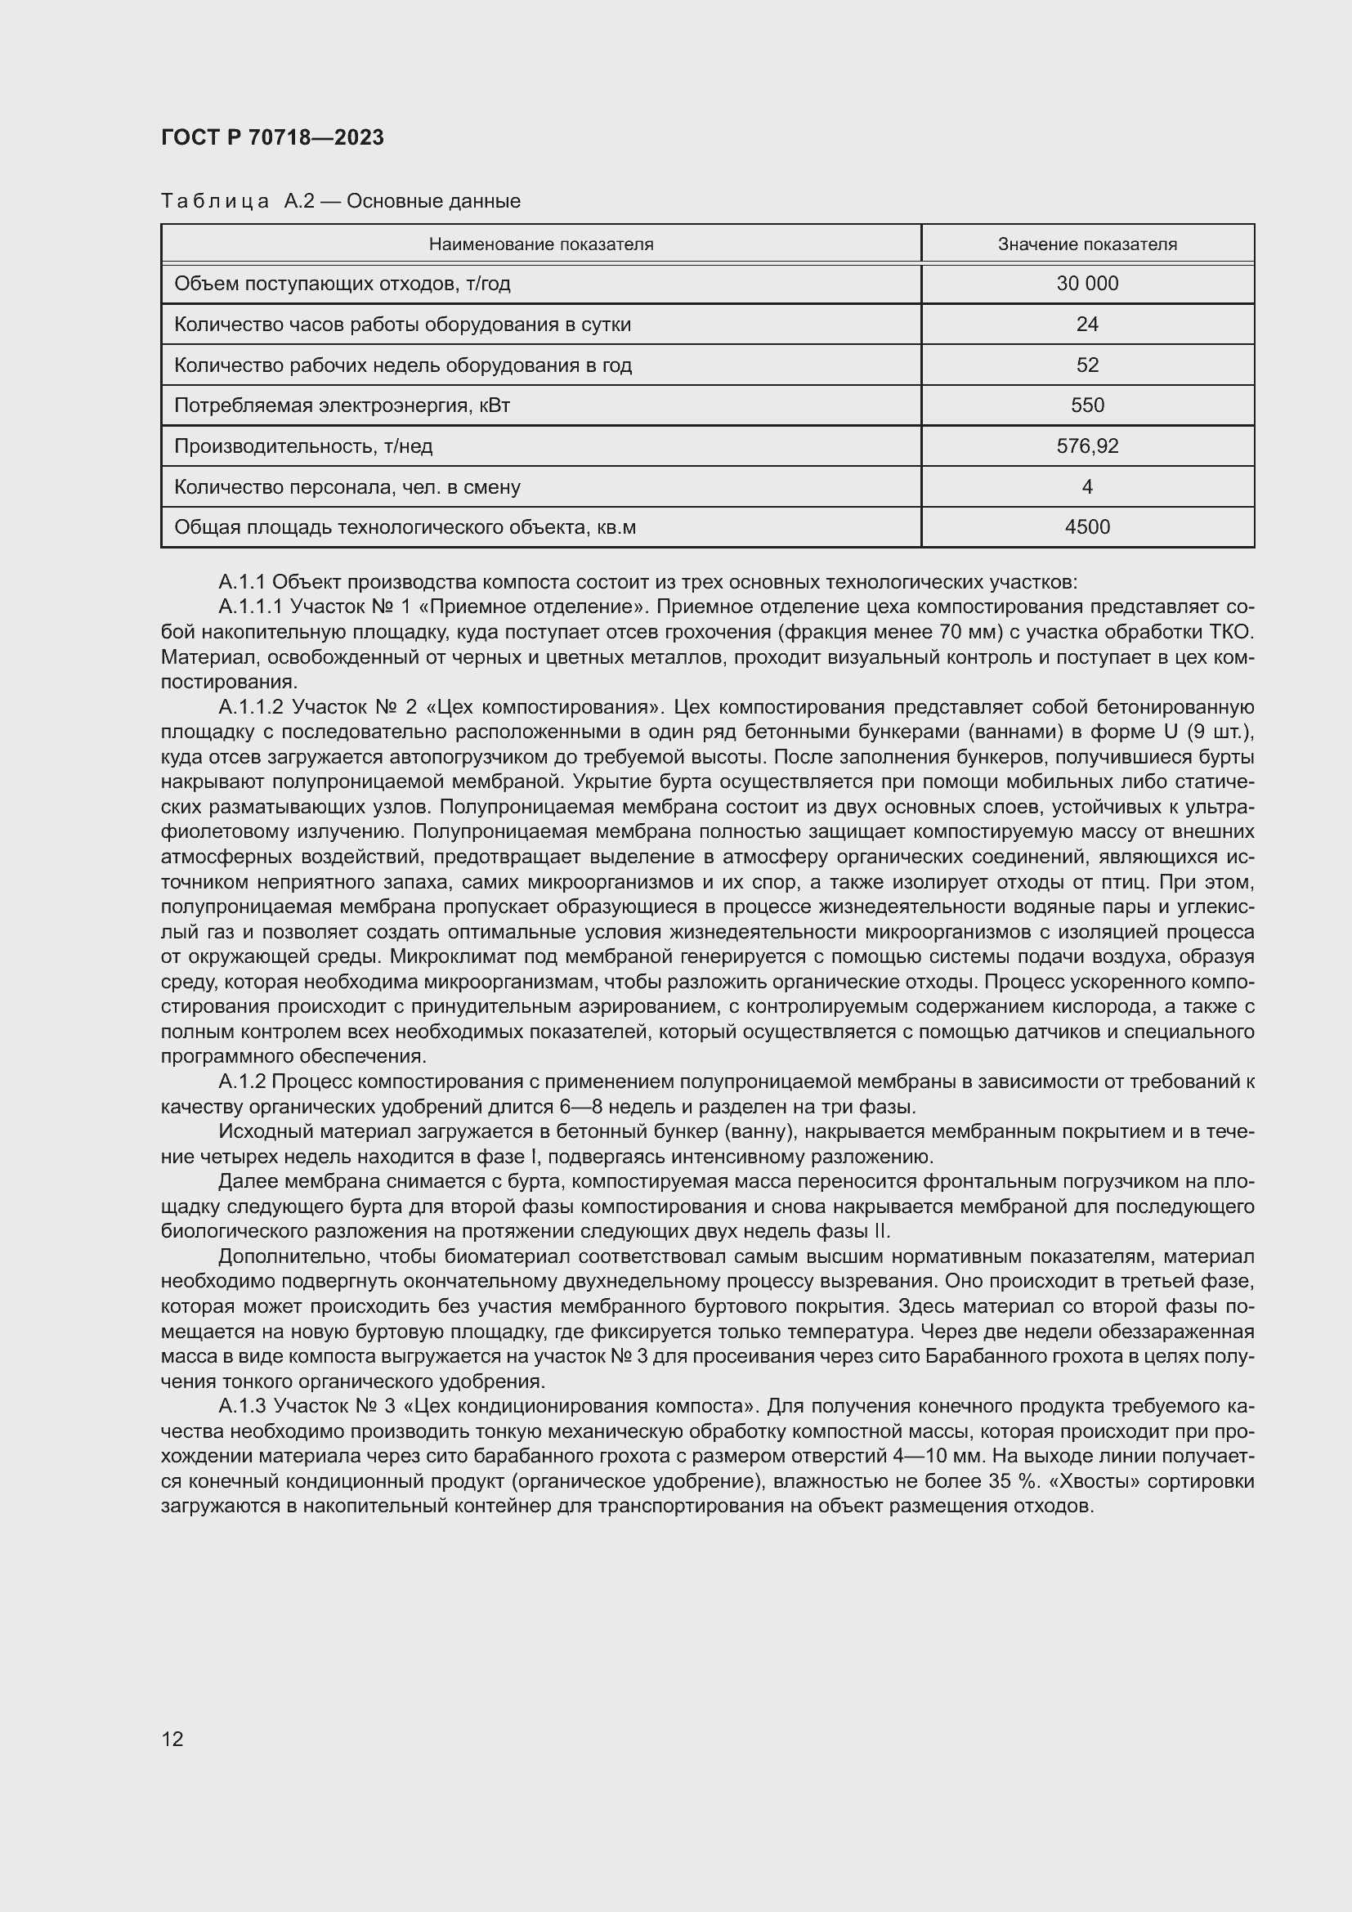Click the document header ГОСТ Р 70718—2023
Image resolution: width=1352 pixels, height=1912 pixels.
(x=272, y=137)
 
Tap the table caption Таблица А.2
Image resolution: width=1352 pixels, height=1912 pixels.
(x=340, y=201)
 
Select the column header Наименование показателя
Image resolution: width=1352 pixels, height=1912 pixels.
(x=540, y=244)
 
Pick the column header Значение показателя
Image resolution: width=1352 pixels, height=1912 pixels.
(x=1087, y=244)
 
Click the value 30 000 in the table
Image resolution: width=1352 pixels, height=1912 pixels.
(x=1087, y=283)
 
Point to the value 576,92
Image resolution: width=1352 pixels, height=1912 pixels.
(x=1087, y=446)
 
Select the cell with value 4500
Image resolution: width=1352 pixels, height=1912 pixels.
(x=1087, y=527)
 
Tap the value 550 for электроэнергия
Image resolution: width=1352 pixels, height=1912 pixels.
(x=1087, y=405)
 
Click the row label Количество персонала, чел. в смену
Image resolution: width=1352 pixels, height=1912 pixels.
(x=347, y=487)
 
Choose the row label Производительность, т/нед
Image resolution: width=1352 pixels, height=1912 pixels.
(x=303, y=446)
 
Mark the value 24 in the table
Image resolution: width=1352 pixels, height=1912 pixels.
(x=1087, y=324)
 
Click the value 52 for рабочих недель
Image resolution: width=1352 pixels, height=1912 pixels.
(x=1087, y=365)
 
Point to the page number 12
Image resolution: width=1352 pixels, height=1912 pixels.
(x=172, y=1739)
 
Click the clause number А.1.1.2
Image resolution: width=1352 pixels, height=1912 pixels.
(x=251, y=707)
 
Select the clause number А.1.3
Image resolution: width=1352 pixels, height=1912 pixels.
(x=241, y=1407)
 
